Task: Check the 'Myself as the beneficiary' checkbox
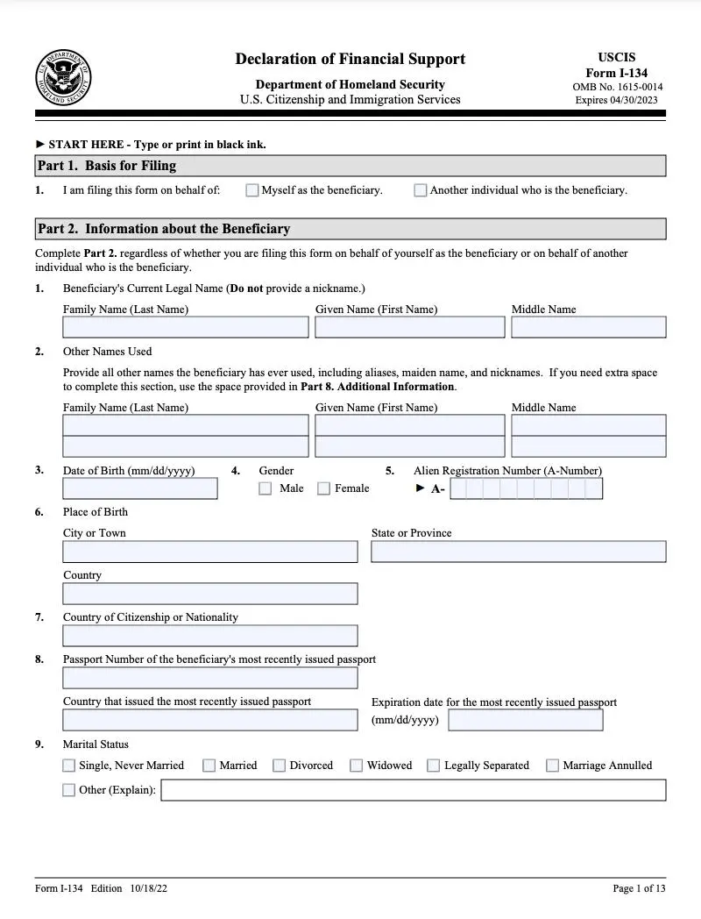[252, 190]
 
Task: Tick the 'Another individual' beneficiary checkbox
[421, 190]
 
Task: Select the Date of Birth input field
[140, 488]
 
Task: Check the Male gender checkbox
[266, 488]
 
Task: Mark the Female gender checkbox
[324, 488]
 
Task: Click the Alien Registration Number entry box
[526, 488]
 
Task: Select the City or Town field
[210, 552]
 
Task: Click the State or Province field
[519, 552]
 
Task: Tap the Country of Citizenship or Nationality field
[210, 636]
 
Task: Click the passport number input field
[210, 678]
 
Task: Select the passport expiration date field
[526, 720]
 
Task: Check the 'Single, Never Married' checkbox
[69, 766]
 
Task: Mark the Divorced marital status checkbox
[280, 766]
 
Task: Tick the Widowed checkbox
[357, 766]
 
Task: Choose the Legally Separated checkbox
[434, 766]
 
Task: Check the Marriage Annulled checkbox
[553, 766]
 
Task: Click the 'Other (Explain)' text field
[414, 790]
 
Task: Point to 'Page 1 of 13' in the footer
[639, 888]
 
